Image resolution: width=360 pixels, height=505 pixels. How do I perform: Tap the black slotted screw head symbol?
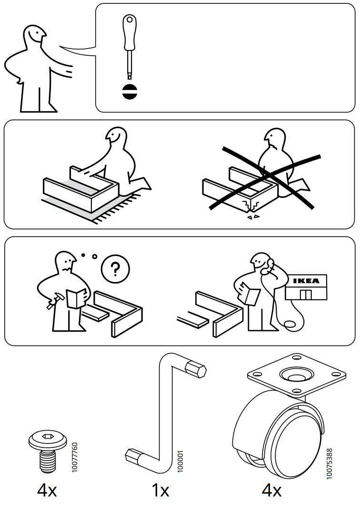(129, 91)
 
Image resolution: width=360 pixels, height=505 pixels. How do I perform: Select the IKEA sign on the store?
(305, 281)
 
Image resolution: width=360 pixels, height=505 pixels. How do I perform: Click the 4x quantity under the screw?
(47, 490)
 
